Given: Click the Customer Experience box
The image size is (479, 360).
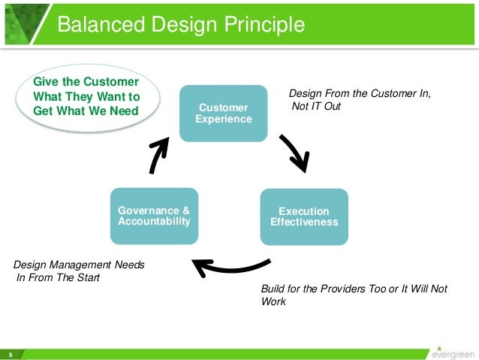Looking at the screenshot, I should (223, 113).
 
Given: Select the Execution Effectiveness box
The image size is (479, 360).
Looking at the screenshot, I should (304, 216).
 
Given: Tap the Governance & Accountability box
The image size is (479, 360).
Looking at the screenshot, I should (154, 216).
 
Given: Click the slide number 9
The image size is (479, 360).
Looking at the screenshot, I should (11, 354).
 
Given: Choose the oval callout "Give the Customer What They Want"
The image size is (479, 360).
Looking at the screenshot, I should (87, 96).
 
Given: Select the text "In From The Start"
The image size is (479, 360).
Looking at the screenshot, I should (58, 278).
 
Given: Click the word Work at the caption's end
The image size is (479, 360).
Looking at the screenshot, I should (273, 302).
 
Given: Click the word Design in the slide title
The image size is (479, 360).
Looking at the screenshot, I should (178, 25).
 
